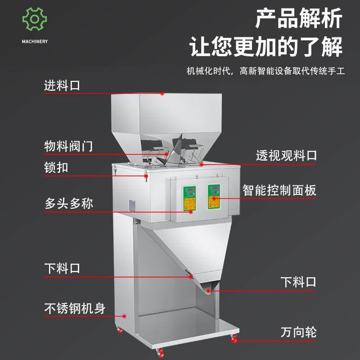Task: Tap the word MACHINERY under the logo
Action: pos(34,41)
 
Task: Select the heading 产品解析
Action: pos(299,19)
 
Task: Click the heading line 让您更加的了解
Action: pos(266,47)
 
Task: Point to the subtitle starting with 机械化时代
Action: pos(265,71)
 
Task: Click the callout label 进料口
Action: pos(62,85)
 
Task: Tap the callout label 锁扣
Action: pos(56,168)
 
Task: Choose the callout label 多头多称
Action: pos(68,203)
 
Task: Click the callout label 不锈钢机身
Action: pos(75,309)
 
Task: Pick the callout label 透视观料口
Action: pos(286,156)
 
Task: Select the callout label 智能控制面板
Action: pos(279,189)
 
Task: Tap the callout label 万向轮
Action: pos(298,333)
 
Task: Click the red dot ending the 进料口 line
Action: pos(163,94)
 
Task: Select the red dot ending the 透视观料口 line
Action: pos(202,165)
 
